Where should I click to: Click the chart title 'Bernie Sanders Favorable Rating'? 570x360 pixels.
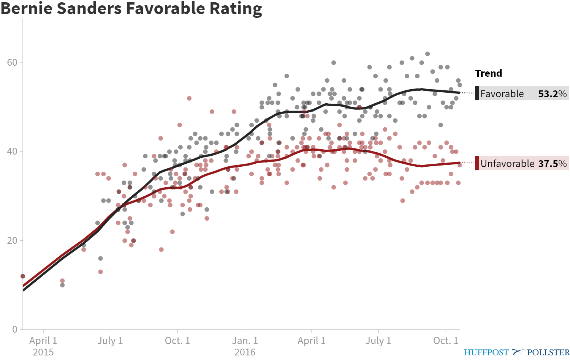coord(131,8)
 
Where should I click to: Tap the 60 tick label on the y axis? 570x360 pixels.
coord(12,62)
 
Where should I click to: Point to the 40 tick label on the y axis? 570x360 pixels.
coord(12,151)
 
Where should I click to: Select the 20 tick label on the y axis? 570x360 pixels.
coord(12,240)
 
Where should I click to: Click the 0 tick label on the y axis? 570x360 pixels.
coord(15,329)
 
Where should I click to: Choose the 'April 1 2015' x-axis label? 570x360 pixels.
coord(43,346)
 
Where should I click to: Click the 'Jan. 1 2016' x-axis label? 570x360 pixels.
coord(245,346)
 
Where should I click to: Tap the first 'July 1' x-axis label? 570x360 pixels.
coord(110,341)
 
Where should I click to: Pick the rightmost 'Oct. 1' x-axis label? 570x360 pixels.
coord(446,341)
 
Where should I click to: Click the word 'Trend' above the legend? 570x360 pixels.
coord(488,73)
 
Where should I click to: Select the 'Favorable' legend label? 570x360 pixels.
coord(502,94)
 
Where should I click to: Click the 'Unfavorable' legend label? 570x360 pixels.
coord(507,164)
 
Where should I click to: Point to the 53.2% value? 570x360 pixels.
coord(552,94)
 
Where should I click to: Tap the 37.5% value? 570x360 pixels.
coord(552,164)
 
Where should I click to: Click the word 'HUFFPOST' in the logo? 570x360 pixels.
coord(486,352)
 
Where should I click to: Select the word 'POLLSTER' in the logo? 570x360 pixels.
coord(548,352)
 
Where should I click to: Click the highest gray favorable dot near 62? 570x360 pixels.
coord(427,54)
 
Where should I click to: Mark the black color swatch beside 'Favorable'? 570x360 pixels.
coord(477,93)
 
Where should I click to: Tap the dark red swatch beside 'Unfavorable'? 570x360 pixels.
coord(477,163)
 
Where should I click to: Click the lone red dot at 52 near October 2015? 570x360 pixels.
coord(189,98)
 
